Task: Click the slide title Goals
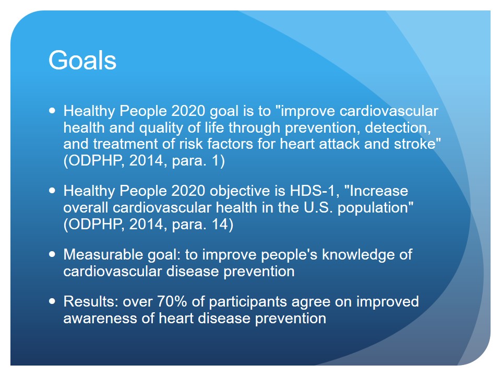coord(82,60)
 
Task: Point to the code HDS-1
coord(312,191)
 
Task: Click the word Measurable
coord(103,255)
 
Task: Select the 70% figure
coord(172,301)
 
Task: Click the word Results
coord(91,301)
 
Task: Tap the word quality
coord(161,128)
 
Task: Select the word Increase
coord(379,191)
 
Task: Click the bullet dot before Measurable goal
coord(52,254)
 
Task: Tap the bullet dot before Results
coord(52,301)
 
